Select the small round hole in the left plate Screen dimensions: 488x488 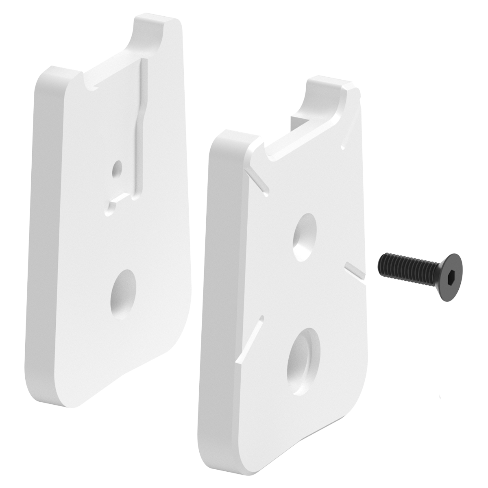tap(118, 168)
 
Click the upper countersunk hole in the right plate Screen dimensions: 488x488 tap(305, 236)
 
